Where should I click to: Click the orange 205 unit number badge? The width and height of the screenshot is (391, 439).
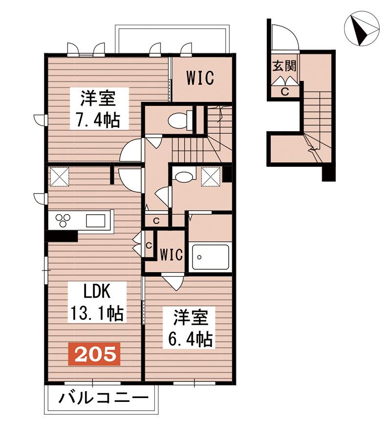94,354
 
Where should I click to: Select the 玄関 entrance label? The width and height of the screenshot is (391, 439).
284,67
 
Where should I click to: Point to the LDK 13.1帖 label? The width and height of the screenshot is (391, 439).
96,302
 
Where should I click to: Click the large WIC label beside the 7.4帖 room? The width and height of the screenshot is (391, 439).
200,78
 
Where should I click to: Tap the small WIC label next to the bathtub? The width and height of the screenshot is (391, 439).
172,255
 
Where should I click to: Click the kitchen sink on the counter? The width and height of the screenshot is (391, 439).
96,220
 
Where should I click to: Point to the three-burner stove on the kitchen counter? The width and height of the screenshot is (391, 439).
63,220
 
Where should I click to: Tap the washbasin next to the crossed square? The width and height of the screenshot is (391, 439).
184,177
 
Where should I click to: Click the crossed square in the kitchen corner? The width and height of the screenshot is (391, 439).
59,177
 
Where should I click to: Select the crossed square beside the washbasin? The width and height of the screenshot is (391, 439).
211,176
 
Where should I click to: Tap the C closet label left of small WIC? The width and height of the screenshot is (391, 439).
149,246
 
